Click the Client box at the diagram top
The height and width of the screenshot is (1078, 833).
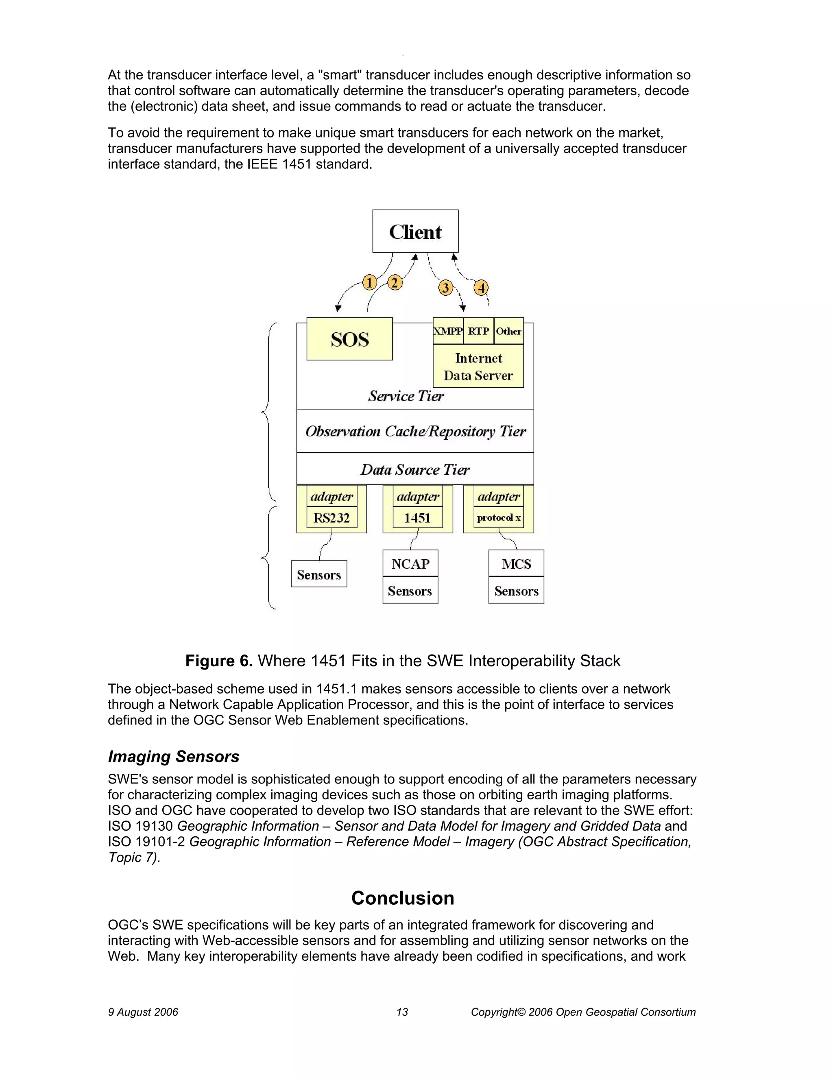415,231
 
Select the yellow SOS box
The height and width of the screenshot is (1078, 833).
349,339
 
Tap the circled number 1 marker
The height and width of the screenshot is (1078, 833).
369,283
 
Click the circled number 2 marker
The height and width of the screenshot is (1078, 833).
394,283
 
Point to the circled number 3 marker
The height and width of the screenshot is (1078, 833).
445,288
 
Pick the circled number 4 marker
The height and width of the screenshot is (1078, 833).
481,288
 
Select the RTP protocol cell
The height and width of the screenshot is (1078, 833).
478,331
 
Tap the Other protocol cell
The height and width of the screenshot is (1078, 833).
508,331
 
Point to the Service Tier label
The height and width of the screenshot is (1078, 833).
406,396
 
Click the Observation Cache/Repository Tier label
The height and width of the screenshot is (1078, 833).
415,431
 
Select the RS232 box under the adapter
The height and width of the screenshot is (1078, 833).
331,518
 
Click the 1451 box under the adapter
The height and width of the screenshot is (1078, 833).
417,518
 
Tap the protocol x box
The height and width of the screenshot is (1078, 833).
498,518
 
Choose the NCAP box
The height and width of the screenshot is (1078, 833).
410,564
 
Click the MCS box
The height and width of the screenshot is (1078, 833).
516,564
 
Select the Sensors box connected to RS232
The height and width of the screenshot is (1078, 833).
319,574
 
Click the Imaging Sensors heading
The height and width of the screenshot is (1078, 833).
174,757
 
